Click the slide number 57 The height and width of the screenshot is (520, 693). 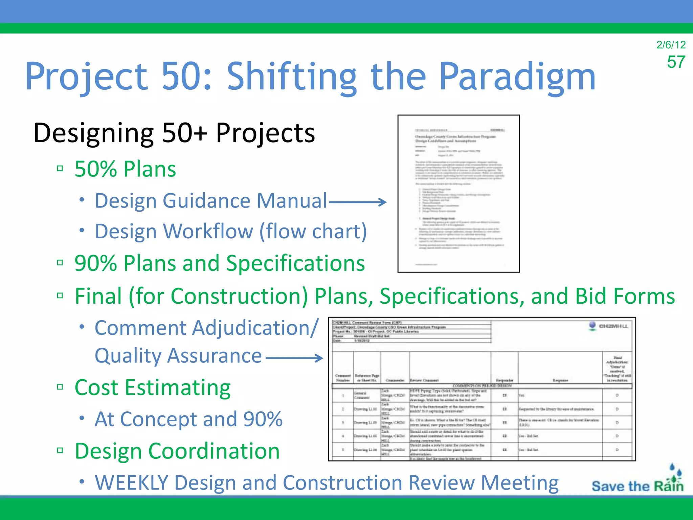pos(676,62)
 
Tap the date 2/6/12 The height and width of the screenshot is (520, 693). pos(671,45)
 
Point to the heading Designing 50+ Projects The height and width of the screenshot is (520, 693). pos(174,133)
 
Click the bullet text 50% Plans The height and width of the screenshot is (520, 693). pos(125,169)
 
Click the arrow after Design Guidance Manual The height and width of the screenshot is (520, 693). pos(358,202)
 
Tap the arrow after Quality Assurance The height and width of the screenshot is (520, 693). pos(294,358)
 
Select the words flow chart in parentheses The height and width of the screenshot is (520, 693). pos(313,232)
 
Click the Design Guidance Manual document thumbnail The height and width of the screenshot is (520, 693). pos(458,193)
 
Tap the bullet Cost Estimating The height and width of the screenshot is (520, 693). pos(152,387)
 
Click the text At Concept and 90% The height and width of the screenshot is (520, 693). pos(188,419)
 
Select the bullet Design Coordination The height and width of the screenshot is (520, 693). pos(177,451)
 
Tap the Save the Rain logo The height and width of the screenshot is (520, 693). pos(638,481)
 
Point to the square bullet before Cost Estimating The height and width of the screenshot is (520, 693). pos(60,387)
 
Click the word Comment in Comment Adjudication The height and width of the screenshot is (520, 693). pos(140,328)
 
